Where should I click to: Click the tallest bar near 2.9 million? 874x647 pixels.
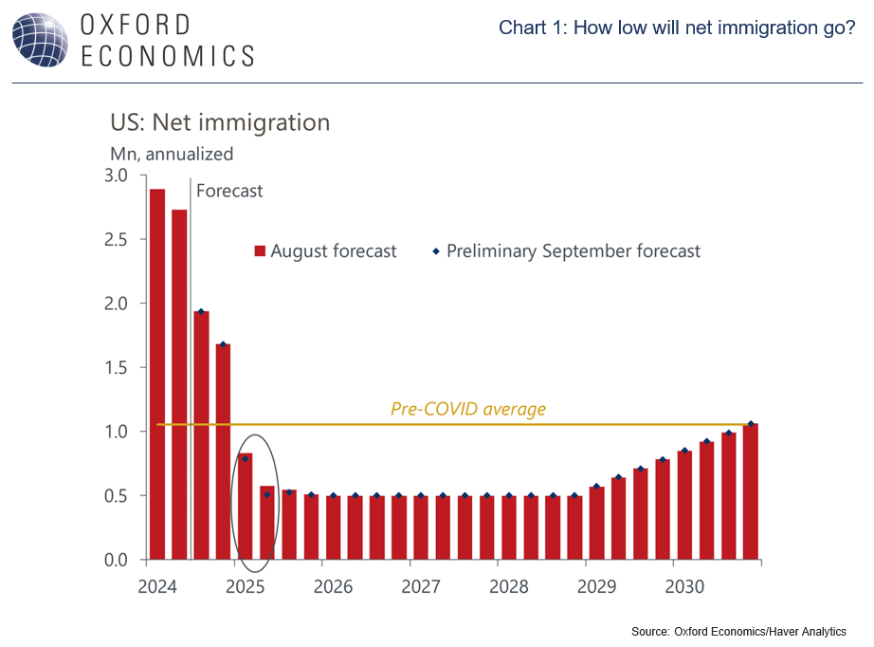point(157,374)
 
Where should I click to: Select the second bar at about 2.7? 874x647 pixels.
point(179,384)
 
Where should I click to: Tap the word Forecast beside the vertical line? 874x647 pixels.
point(229,191)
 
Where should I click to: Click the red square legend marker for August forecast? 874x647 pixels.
point(258,251)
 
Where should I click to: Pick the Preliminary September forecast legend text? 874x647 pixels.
point(574,251)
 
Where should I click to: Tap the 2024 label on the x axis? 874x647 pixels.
point(156,586)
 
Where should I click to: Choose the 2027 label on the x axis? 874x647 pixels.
point(420,586)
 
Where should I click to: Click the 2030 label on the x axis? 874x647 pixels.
point(683,586)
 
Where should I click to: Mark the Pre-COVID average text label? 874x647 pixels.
point(468,409)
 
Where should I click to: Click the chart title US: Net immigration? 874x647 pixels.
point(220,122)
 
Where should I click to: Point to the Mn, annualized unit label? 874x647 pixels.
point(173,153)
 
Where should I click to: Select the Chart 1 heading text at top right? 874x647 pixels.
point(677,28)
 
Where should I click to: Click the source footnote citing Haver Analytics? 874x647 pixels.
point(738,631)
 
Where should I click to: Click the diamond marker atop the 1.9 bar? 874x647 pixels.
point(201,312)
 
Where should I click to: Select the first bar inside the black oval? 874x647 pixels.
point(245,507)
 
